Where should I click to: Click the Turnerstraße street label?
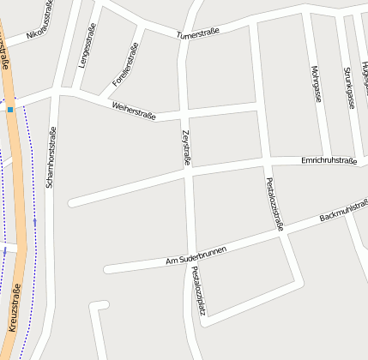point(197,34)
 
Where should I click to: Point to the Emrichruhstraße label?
point(329,160)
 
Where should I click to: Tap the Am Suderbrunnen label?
point(196,254)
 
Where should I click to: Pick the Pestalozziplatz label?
point(198,291)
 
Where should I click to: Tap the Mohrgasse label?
point(316,83)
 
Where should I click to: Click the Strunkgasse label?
point(348,87)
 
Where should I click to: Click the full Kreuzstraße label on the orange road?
point(15,308)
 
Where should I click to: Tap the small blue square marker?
point(10,110)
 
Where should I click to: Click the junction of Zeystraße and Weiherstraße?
point(184,112)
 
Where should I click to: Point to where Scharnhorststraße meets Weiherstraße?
point(56,93)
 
